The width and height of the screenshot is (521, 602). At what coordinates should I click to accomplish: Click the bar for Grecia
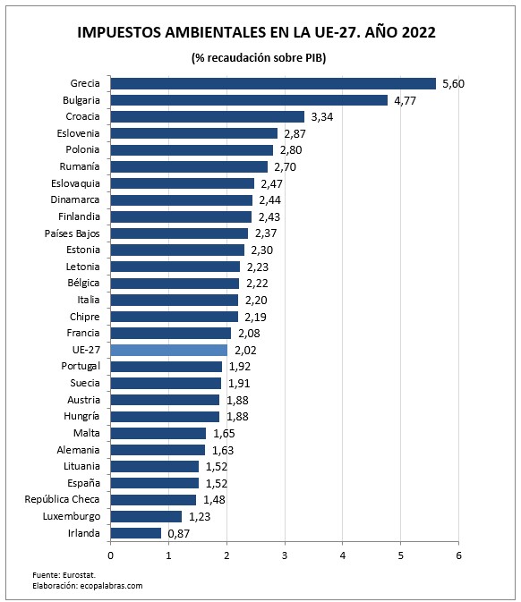(x=273, y=83)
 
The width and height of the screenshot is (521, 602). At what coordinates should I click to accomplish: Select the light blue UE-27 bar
(x=169, y=350)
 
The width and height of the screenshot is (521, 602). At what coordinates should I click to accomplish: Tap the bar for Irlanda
(x=136, y=532)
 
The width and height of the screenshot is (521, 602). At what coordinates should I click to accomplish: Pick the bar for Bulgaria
(x=249, y=100)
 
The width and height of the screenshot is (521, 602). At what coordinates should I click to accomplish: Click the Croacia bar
(x=208, y=116)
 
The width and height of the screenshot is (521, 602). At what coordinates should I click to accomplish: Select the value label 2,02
(x=246, y=350)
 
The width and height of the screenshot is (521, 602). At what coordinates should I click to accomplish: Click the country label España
(x=85, y=483)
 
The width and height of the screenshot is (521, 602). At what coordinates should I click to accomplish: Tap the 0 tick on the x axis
(x=111, y=555)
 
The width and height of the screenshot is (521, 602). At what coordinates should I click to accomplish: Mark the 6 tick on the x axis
(x=458, y=555)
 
